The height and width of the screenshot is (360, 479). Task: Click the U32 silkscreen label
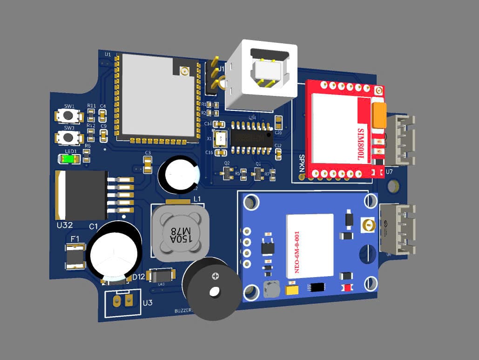pyautogui.click(x=65, y=225)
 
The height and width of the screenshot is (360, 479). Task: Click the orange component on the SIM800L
pyautogui.click(x=379, y=115)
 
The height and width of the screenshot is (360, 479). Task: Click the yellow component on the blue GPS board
pyautogui.click(x=292, y=290)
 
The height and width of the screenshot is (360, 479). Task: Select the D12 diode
pyautogui.click(x=161, y=275)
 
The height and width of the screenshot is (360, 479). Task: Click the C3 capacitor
pyautogui.click(x=148, y=163)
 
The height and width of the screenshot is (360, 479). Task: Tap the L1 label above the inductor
pyautogui.click(x=197, y=199)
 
